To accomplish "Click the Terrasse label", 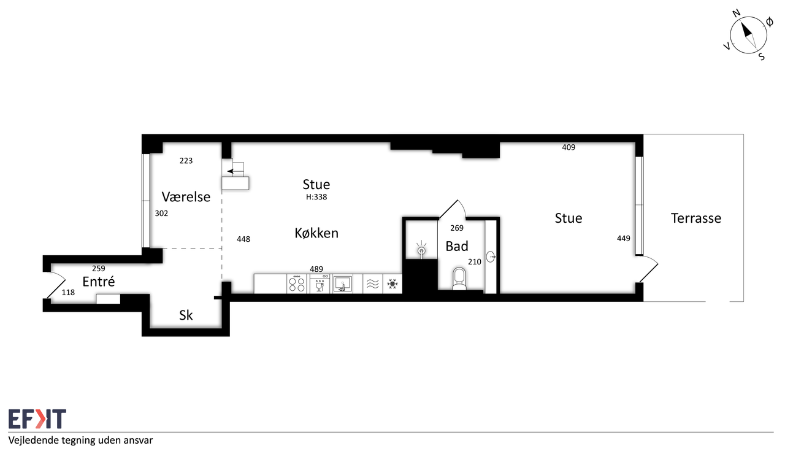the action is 696,218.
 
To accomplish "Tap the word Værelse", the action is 186,197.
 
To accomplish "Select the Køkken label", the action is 316,233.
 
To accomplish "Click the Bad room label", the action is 457,246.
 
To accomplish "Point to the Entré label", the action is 99,281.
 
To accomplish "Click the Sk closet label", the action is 186,315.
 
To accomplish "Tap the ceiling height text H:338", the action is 316,197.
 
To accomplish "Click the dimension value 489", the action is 316,269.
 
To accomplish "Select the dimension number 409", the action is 569,147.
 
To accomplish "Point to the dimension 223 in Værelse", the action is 186,161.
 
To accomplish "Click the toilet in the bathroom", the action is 459,279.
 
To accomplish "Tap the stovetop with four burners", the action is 297,283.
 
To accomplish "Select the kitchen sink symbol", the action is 343,283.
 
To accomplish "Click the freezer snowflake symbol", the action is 392,283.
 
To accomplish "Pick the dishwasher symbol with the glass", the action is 320,283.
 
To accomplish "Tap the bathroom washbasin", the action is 491,256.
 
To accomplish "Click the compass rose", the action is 748,35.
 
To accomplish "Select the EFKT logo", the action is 37,418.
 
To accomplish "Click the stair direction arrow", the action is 231,171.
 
